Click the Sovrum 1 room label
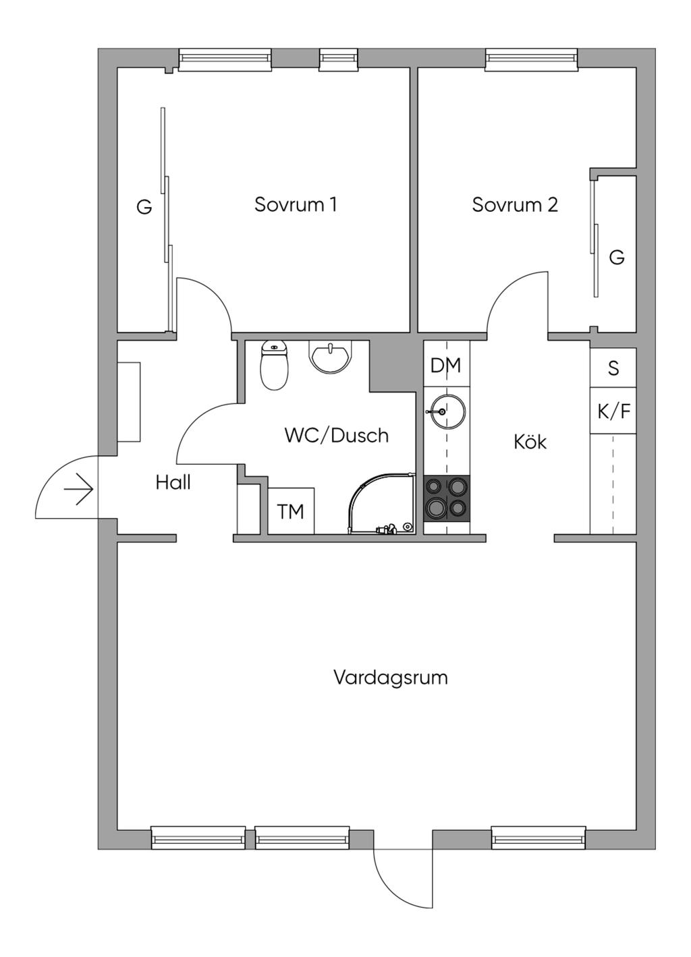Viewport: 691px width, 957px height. [295, 204]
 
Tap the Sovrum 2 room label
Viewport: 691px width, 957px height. [515, 204]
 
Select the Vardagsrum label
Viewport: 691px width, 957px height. [391, 677]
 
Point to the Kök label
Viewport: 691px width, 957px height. [530, 442]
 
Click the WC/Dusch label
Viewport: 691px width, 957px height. [337, 436]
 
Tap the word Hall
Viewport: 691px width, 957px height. [173, 483]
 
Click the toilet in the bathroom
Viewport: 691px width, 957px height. [274, 365]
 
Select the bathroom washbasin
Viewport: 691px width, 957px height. [330, 355]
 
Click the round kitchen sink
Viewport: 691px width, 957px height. [445, 411]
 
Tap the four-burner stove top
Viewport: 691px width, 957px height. [447, 498]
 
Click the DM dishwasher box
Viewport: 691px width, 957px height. [446, 366]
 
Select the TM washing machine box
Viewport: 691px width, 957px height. [291, 512]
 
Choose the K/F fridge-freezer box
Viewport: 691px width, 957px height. [613, 411]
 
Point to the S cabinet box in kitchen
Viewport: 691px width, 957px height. [613, 368]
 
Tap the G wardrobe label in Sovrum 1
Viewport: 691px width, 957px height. [144, 207]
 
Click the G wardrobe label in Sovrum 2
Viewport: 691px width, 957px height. [616, 257]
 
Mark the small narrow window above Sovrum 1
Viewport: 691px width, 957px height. [338, 59]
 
